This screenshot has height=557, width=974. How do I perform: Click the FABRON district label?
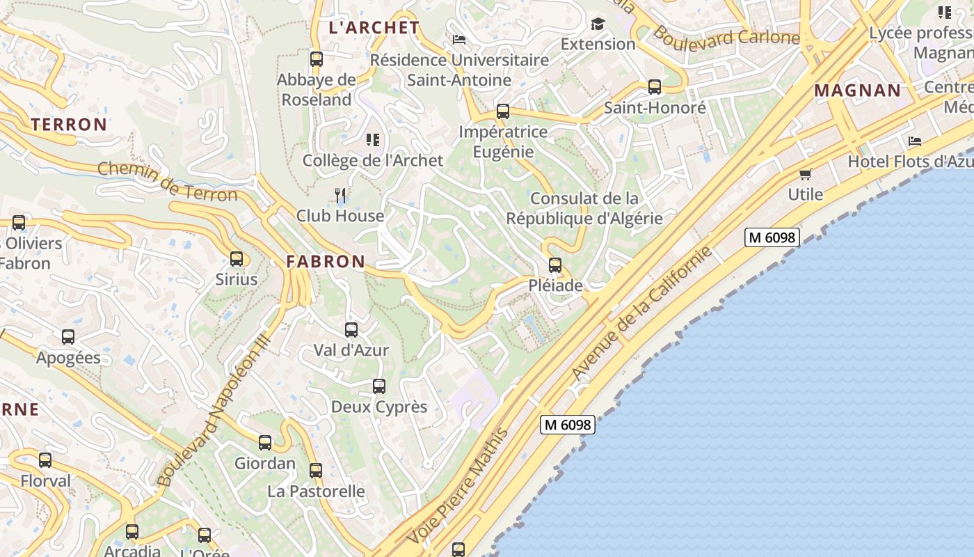coord(326,262)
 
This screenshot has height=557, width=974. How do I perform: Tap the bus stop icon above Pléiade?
coord(554,265)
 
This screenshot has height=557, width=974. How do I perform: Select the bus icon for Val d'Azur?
coord(351,330)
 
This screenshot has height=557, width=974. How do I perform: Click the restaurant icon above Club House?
coord(340,196)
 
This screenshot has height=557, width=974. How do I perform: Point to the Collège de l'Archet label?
coord(373,161)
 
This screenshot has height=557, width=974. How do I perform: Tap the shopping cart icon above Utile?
coord(806,174)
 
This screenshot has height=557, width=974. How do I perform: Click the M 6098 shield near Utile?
coord(772,237)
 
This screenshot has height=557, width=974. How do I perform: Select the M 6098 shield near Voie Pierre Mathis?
coord(568,424)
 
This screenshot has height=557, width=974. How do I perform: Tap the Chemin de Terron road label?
coord(168,181)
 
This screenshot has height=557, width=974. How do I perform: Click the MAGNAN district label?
coord(857,91)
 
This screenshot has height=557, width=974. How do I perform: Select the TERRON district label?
coord(69,125)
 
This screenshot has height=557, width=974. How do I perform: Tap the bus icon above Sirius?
coord(237,259)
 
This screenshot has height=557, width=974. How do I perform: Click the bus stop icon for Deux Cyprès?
coord(379,386)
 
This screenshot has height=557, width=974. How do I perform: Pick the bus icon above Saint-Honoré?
coord(655,87)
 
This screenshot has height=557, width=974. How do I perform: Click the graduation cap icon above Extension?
coord(598,25)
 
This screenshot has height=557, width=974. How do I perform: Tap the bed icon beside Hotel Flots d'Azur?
coord(915,141)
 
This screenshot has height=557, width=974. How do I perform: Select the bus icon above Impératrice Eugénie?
coord(503,111)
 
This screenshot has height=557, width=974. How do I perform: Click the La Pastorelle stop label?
coord(316,492)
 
